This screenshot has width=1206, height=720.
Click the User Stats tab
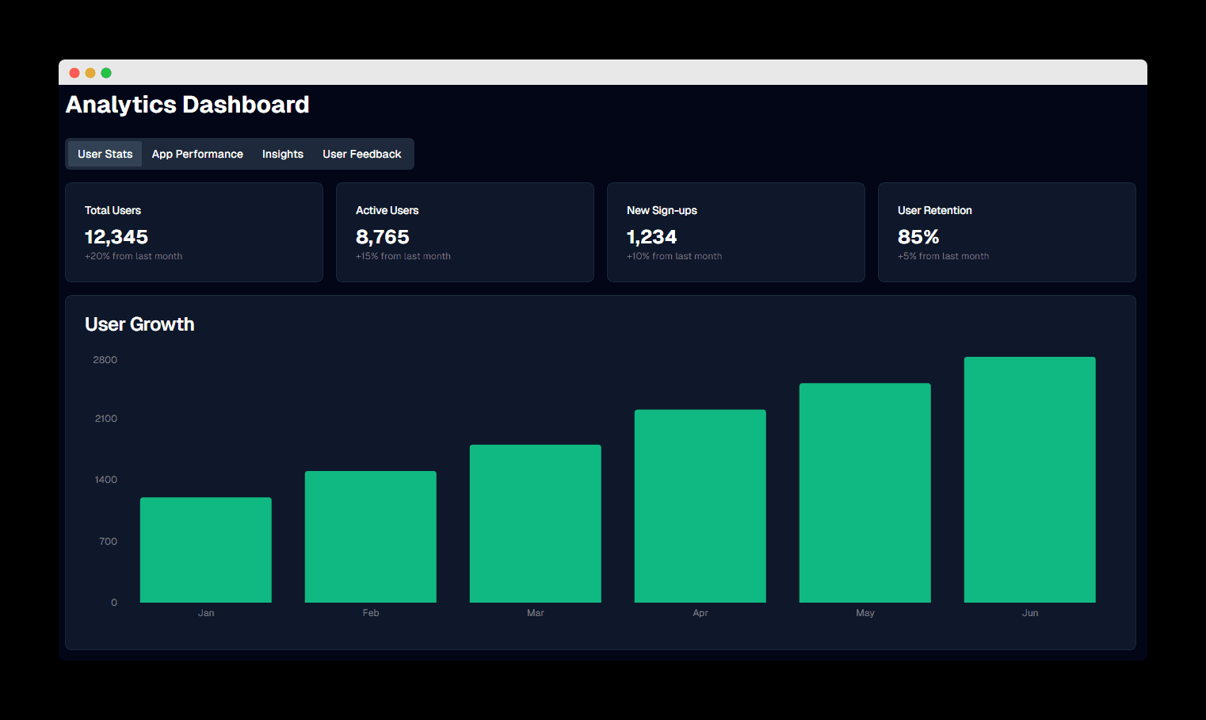(105, 154)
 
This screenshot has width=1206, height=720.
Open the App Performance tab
(197, 154)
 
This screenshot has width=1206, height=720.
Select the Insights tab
(283, 154)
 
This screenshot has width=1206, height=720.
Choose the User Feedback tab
(362, 154)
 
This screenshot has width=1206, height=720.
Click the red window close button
(74, 73)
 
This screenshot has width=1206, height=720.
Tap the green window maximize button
(106, 73)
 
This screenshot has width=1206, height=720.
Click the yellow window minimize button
(90, 73)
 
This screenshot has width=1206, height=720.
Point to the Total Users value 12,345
(116, 237)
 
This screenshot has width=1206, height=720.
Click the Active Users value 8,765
(383, 237)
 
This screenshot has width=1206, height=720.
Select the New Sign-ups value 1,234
(652, 237)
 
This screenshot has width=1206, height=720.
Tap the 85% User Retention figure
(918, 237)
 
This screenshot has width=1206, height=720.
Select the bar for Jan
(206, 550)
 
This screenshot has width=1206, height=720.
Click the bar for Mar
(536, 523)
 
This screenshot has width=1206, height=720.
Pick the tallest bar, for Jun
(1030, 480)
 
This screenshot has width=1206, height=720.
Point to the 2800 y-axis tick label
(105, 360)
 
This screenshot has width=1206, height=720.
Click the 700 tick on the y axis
(108, 542)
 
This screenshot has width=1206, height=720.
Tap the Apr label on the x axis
(700, 613)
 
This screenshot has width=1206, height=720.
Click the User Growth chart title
(139, 324)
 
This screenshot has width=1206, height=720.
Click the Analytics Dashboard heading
(188, 105)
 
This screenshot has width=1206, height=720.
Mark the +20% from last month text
(133, 256)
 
